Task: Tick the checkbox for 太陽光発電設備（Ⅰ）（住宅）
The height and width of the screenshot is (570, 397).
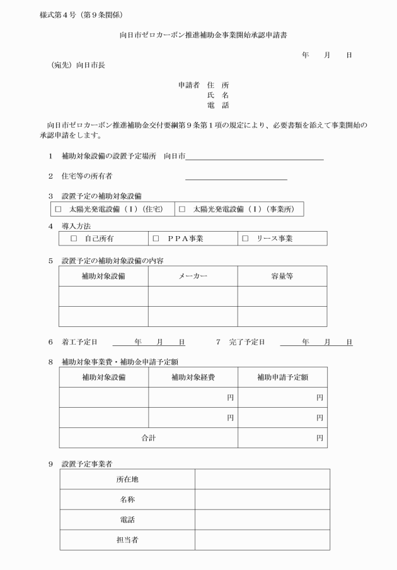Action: (x=58, y=208)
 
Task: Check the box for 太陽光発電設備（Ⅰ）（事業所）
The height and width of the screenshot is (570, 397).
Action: (x=182, y=208)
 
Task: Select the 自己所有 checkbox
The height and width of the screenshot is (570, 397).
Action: (x=73, y=239)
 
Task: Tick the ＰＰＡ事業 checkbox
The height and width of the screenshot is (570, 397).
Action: (x=156, y=239)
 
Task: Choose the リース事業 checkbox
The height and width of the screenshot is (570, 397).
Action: (x=245, y=239)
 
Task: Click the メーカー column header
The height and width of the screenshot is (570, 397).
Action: (x=193, y=276)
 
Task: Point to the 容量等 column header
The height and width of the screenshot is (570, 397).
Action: (x=282, y=276)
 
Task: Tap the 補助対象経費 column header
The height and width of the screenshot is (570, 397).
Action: (x=193, y=377)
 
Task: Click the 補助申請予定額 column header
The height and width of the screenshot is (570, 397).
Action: (x=282, y=377)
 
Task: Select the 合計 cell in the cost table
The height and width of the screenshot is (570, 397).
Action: (x=148, y=437)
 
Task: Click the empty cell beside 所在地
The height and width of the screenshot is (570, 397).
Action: (x=262, y=479)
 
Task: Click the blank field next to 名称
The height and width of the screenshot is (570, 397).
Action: (x=262, y=499)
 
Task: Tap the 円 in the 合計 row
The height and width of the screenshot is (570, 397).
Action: (x=319, y=437)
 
